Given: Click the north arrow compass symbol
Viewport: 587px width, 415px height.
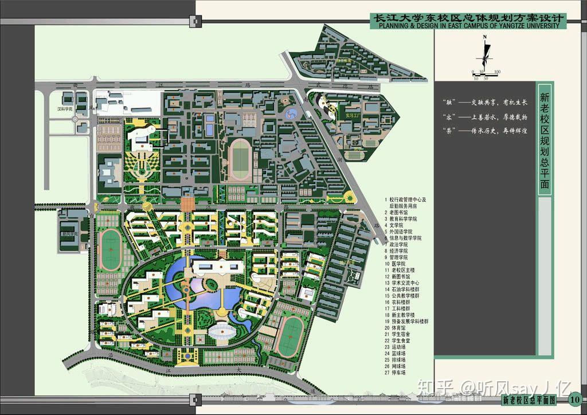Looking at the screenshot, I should [x=485, y=52].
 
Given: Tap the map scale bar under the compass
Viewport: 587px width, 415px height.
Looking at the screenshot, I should [x=486, y=72].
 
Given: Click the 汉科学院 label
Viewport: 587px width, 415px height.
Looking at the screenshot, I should [x=64, y=108].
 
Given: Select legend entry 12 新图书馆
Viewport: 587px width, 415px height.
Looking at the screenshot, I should [x=403, y=277].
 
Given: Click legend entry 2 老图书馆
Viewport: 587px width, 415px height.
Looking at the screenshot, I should [x=401, y=212].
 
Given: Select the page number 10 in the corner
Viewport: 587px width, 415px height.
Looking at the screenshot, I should [x=576, y=399].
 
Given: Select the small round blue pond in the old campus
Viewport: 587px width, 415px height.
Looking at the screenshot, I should [x=292, y=113].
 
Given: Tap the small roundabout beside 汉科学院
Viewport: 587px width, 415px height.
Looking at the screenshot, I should [x=75, y=119].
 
